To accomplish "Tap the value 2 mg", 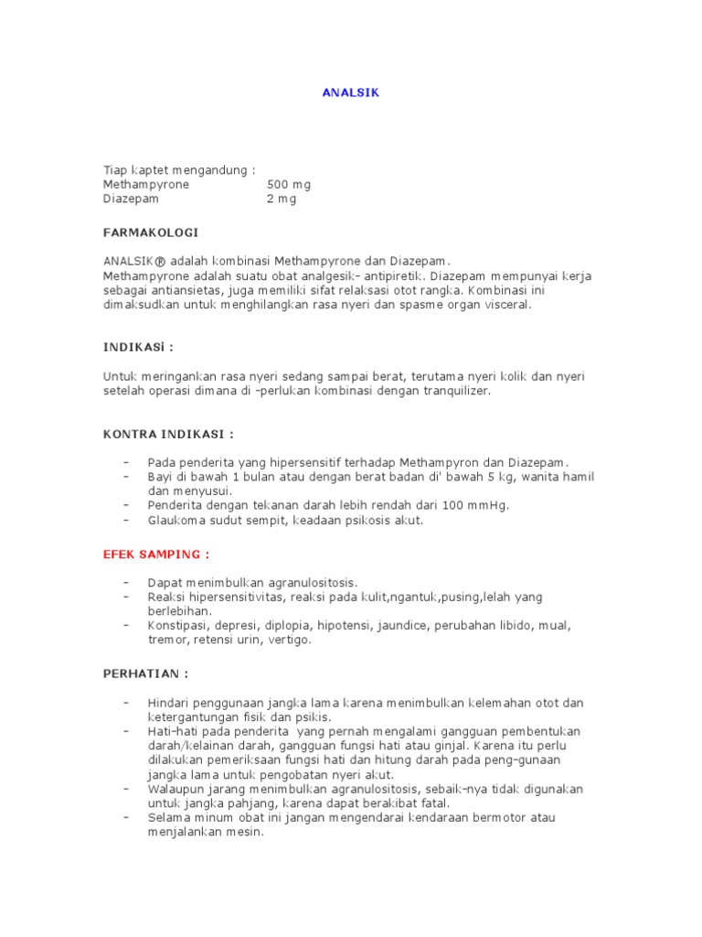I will tap(282, 199).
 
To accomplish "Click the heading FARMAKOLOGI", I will tap(150, 232).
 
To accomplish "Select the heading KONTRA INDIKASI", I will tap(168, 433).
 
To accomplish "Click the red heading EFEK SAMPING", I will tap(156, 554).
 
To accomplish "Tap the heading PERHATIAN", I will tap(146, 673).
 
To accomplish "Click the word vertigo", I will tap(290, 641).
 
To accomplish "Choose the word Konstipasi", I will tap(178, 626).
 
